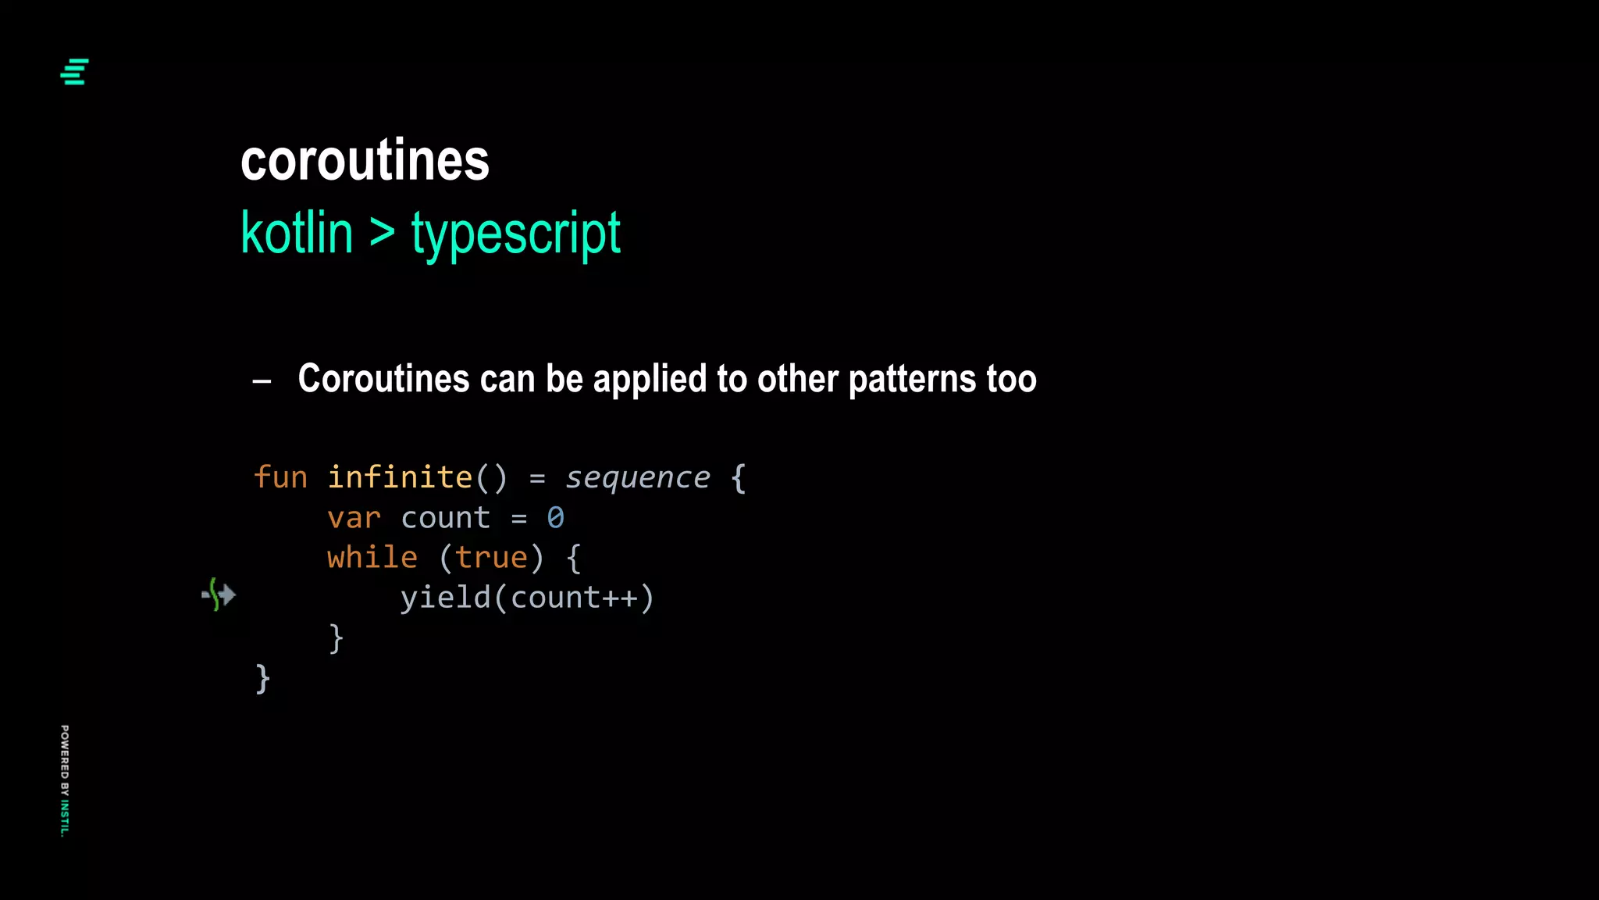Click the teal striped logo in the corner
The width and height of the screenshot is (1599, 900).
pos(74,72)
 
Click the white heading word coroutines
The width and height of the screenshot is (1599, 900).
pos(365,160)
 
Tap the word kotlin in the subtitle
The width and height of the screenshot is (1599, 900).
pos(297,233)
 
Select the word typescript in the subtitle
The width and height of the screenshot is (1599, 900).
pos(515,234)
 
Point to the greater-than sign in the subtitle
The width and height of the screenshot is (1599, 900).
pos(382,232)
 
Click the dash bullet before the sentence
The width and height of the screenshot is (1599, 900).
pos(262,381)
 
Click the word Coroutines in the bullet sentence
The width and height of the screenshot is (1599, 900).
pos(383,379)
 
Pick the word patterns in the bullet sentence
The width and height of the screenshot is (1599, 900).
pos(911,380)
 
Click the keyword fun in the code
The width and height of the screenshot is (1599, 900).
pos(280,477)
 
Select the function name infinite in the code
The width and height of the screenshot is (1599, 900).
pos(399,477)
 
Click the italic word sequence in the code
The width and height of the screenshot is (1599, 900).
pos(637,477)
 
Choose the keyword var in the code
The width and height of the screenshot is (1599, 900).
pos(354,518)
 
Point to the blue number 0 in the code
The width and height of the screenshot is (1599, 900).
pos(555,517)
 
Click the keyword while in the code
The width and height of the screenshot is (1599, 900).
pos(372,558)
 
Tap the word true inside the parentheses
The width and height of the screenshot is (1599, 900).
pos(491,558)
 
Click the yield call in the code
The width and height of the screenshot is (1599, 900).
pos(446,598)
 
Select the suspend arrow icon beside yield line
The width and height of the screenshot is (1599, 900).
pos(219,595)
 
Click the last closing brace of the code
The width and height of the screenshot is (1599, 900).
pos(262,679)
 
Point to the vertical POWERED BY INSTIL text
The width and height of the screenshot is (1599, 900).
pos(65,780)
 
